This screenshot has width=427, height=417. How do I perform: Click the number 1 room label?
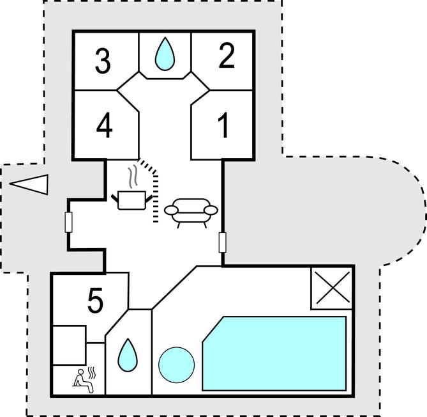pyautogui.click(x=223, y=125)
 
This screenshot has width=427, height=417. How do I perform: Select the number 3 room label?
pyautogui.click(x=102, y=61)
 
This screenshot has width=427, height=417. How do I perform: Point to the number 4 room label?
pyautogui.click(x=105, y=125)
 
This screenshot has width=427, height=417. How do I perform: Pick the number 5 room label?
pyautogui.click(x=94, y=303)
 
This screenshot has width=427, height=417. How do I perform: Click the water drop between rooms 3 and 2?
pyautogui.click(x=165, y=54)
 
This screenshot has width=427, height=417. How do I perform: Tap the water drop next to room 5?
pyautogui.click(x=128, y=352)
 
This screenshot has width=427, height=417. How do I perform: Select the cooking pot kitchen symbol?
pyautogui.click(x=133, y=199)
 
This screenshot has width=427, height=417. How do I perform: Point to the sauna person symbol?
pyautogui.click(x=82, y=379)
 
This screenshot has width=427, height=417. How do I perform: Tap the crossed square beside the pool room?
pyautogui.click(x=331, y=288)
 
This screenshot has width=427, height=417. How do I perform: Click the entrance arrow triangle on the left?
pyautogui.click(x=30, y=184)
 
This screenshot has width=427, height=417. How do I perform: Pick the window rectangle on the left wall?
pyautogui.click(x=68, y=222)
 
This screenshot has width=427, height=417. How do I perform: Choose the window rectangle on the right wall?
pyautogui.click(x=222, y=242)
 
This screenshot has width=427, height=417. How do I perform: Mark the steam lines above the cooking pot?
pyautogui.click(x=132, y=176)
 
